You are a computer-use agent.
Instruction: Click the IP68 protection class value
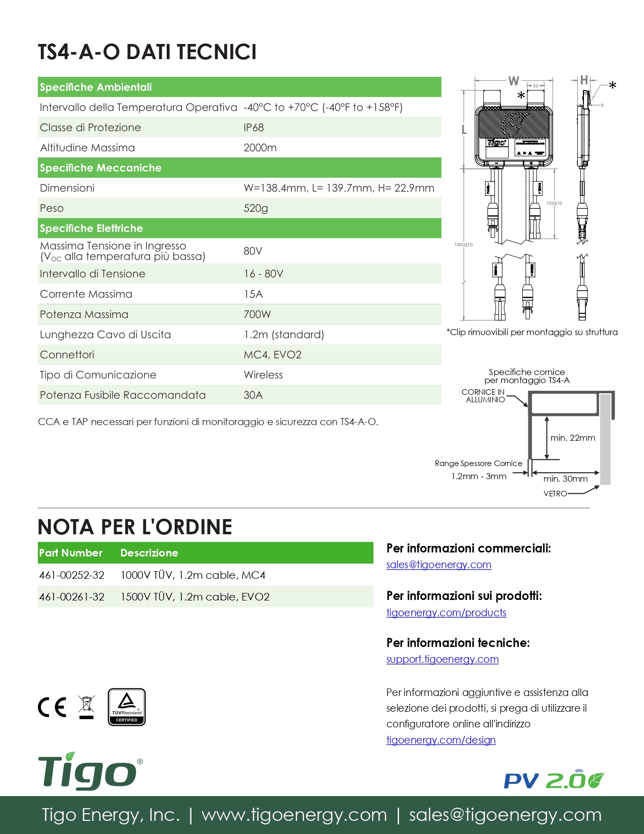point(254,127)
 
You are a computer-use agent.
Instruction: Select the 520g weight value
point(256,208)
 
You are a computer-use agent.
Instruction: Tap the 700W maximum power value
point(257,314)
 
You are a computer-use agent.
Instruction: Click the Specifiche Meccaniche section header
point(101,168)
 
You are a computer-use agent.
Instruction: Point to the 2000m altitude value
point(260,148)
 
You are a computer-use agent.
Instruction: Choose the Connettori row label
point(67,355)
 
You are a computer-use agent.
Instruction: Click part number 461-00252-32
point(72,575)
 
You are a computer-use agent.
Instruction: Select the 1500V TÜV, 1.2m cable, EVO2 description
point(195,597)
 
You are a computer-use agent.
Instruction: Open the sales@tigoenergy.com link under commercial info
point(438,565)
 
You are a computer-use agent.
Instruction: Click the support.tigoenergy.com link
point(442,659)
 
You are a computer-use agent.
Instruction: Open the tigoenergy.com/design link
point(441,740)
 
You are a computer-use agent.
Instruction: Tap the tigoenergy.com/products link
point(446,613)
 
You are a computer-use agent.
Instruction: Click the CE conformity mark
point(52,707)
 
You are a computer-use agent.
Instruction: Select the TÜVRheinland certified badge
point(126,707)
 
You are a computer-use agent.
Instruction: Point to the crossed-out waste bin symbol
point(86,707)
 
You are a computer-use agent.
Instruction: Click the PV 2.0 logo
point(554,780)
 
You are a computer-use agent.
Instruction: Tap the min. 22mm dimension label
point(573,438)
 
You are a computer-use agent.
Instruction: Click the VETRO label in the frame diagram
point(555,494)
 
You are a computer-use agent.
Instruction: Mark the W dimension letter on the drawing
point(514,81)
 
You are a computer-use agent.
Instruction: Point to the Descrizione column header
point(149,553)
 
